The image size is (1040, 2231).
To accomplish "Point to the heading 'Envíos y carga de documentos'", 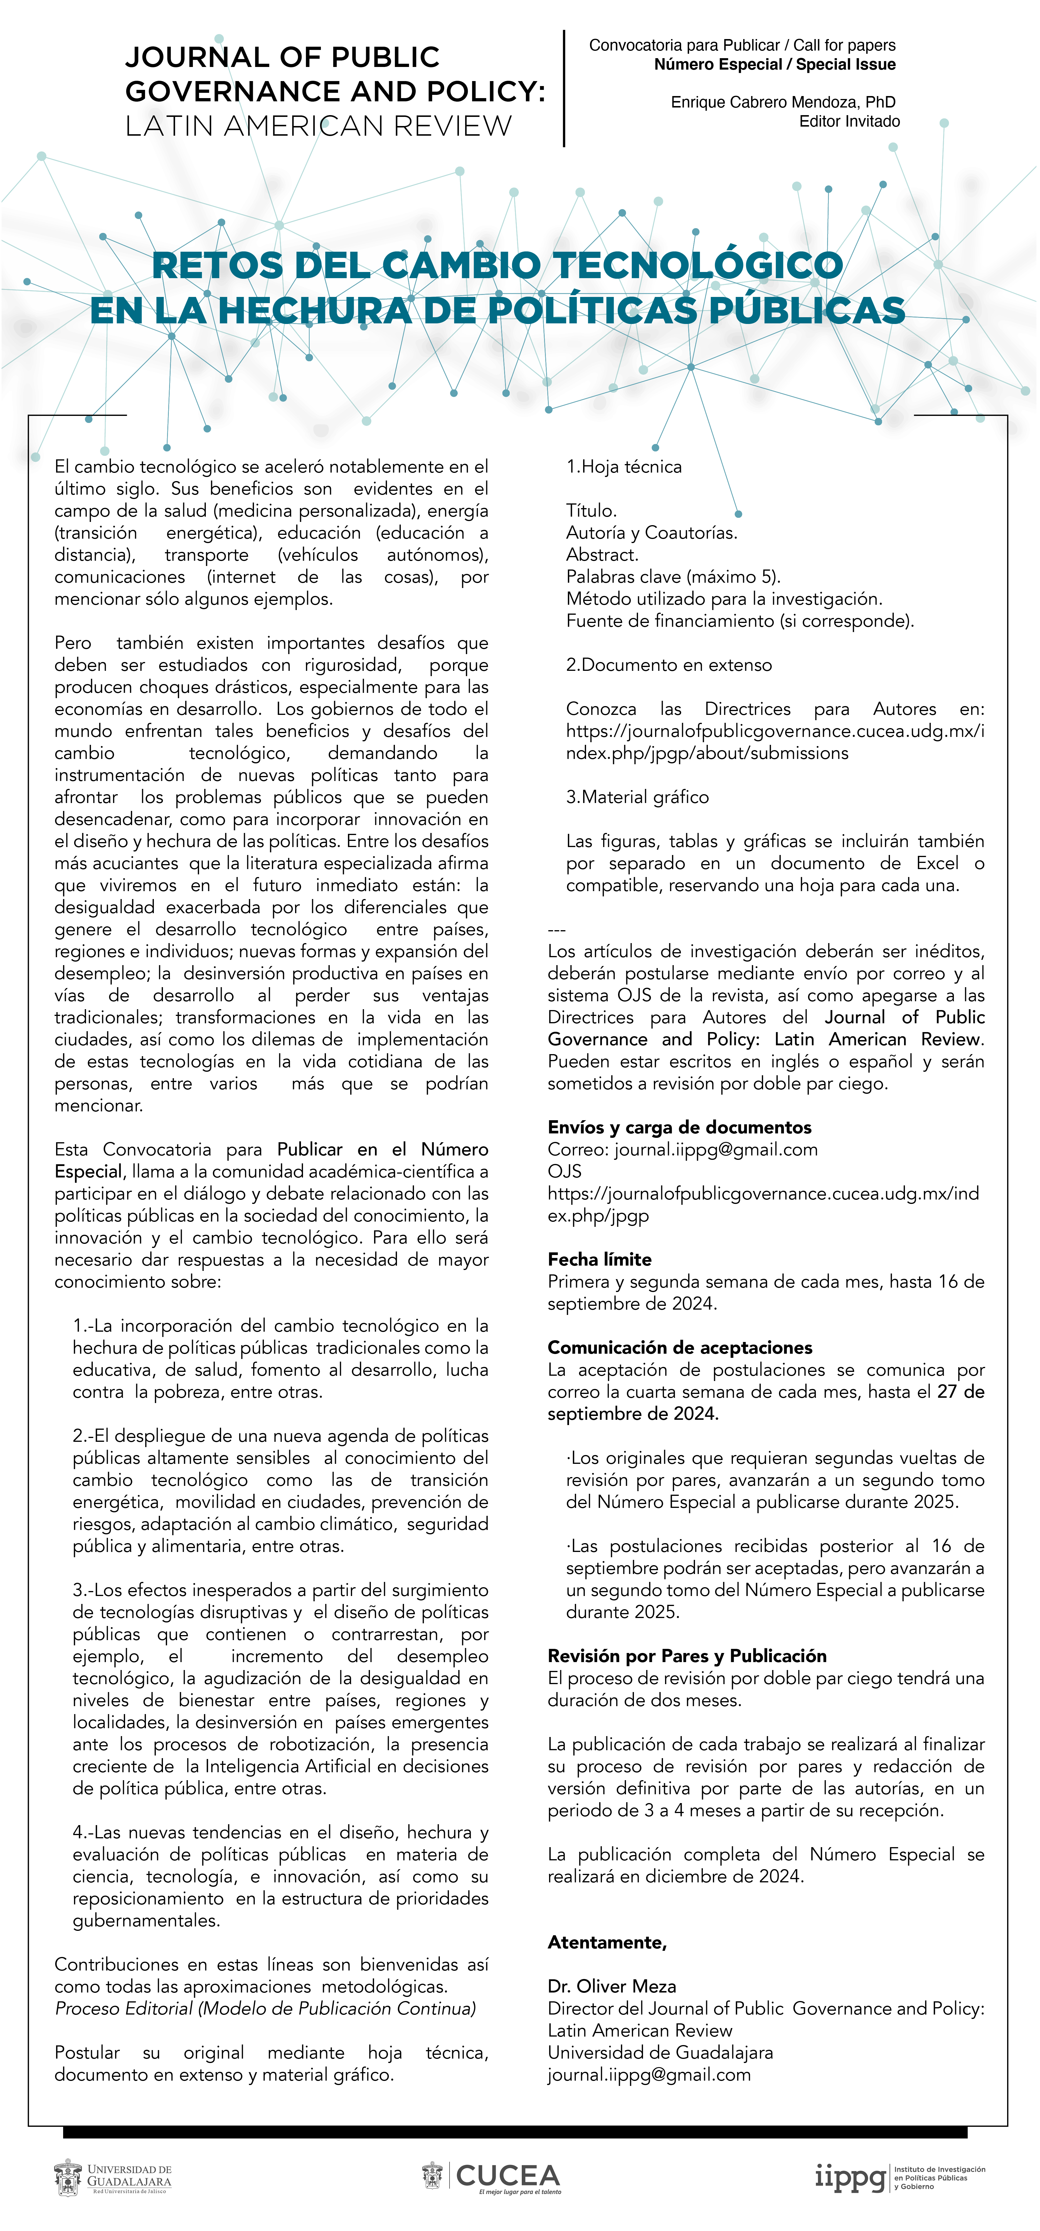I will (679, 1127).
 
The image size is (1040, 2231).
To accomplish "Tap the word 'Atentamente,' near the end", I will (607, 1942).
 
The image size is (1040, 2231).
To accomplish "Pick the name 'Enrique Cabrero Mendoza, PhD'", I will (783, 102).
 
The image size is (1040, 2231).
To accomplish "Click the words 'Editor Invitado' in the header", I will (849, 121).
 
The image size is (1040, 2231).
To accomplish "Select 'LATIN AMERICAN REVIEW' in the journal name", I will (319, 127).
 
